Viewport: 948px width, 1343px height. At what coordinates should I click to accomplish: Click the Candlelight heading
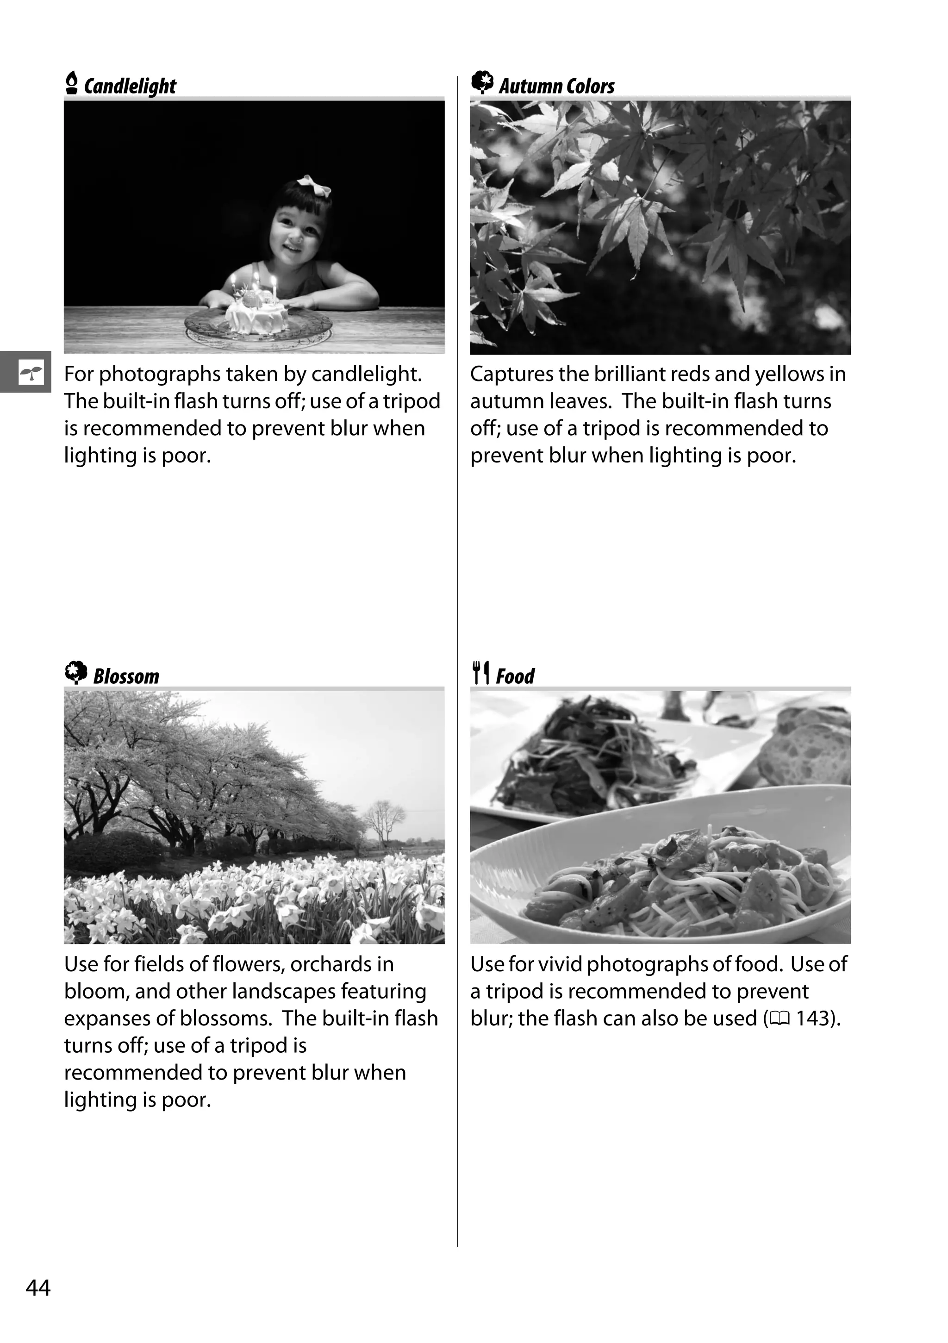click(x=130, y=86)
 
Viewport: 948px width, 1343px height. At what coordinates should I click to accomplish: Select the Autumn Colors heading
click(x=556, y=86)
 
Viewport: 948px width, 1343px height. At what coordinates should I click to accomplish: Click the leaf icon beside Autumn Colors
click(x=482, y=82)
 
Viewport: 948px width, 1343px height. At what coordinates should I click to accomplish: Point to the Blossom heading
click(x=126, y=676)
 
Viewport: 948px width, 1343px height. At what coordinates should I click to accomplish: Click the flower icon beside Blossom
click(x=75, y=673)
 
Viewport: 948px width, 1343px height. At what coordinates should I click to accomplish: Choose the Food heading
click(x=515, y=676)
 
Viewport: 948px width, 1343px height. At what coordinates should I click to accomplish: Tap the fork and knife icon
click(x=481, y=673)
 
